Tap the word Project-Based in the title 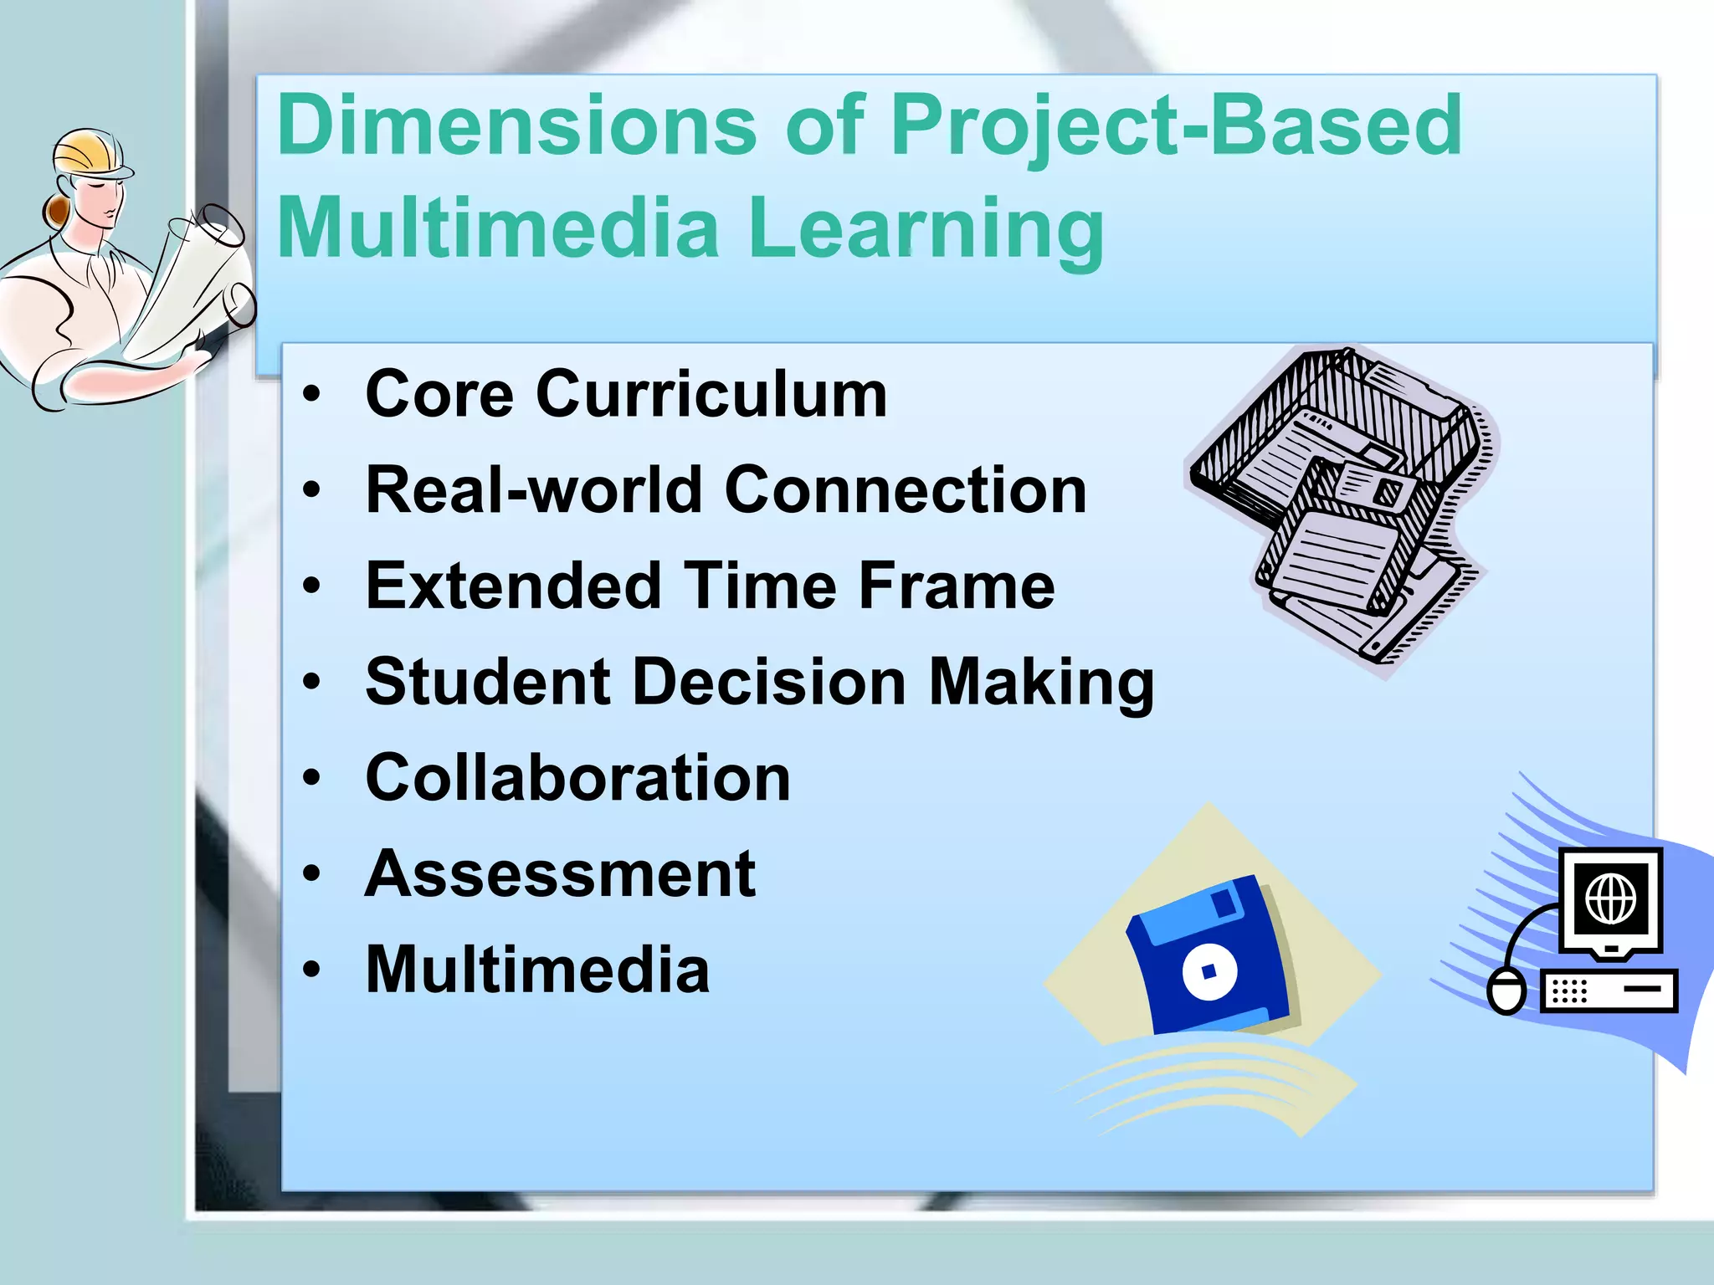point(1176,127)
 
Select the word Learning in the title point(926,228)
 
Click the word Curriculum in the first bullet point(711,394)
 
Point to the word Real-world point(534,490)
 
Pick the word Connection point(906,490)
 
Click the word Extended point(514,586)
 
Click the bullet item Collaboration point(577,778)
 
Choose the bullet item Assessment point(560,874)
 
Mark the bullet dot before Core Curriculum point(312,394)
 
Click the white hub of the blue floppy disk point(1209,971)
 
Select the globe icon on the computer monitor point(1610,899)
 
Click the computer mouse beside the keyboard point(1506,991)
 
